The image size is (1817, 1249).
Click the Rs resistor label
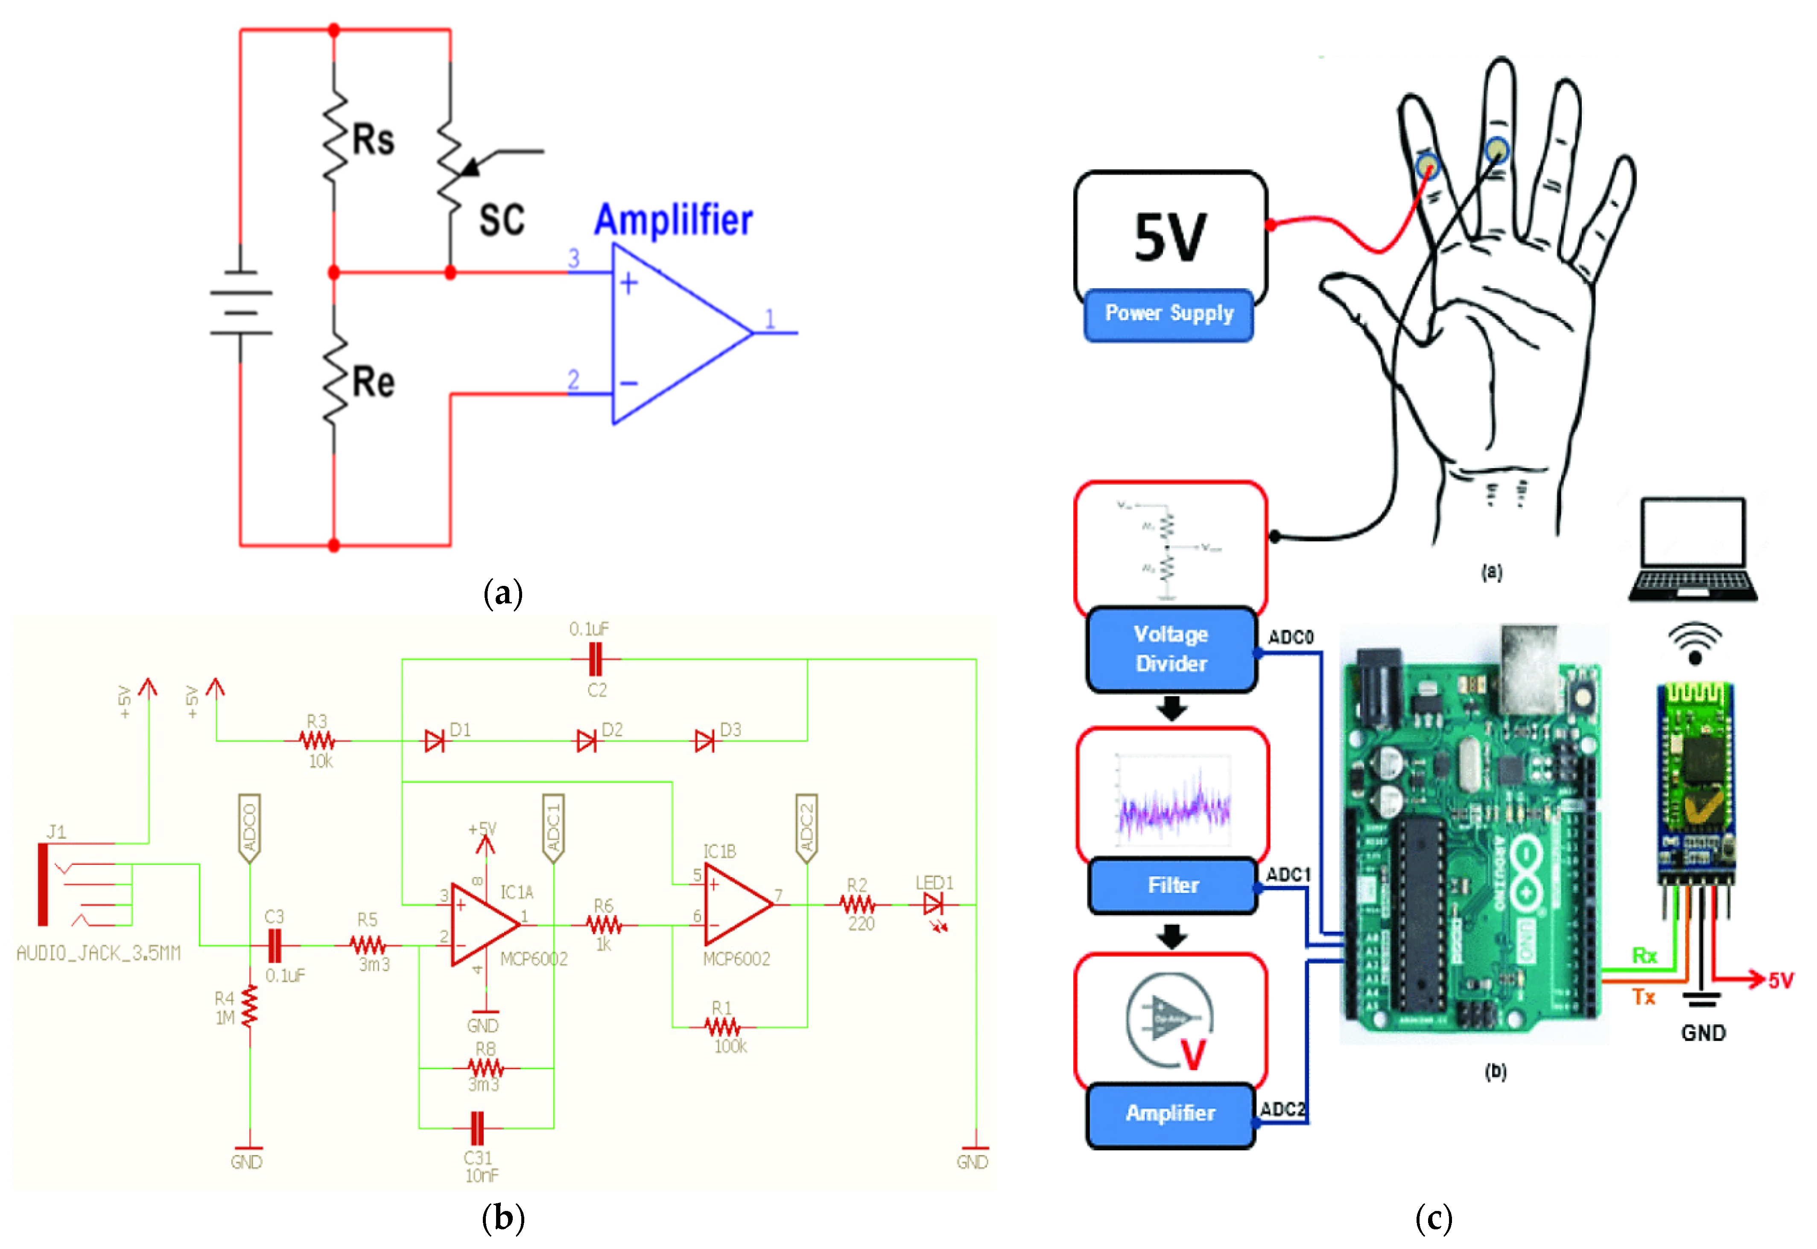373,140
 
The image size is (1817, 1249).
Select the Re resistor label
373,383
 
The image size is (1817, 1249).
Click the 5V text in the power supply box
1170,237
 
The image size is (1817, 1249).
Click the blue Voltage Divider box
1171,649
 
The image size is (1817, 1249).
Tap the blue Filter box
1172,885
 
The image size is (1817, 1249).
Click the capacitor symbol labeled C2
596,660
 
